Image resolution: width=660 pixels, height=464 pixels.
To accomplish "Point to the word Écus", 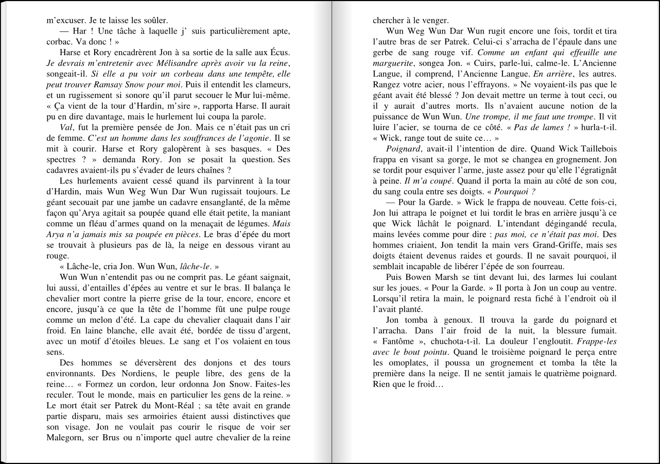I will pyautogui.click(x=281, y=53).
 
